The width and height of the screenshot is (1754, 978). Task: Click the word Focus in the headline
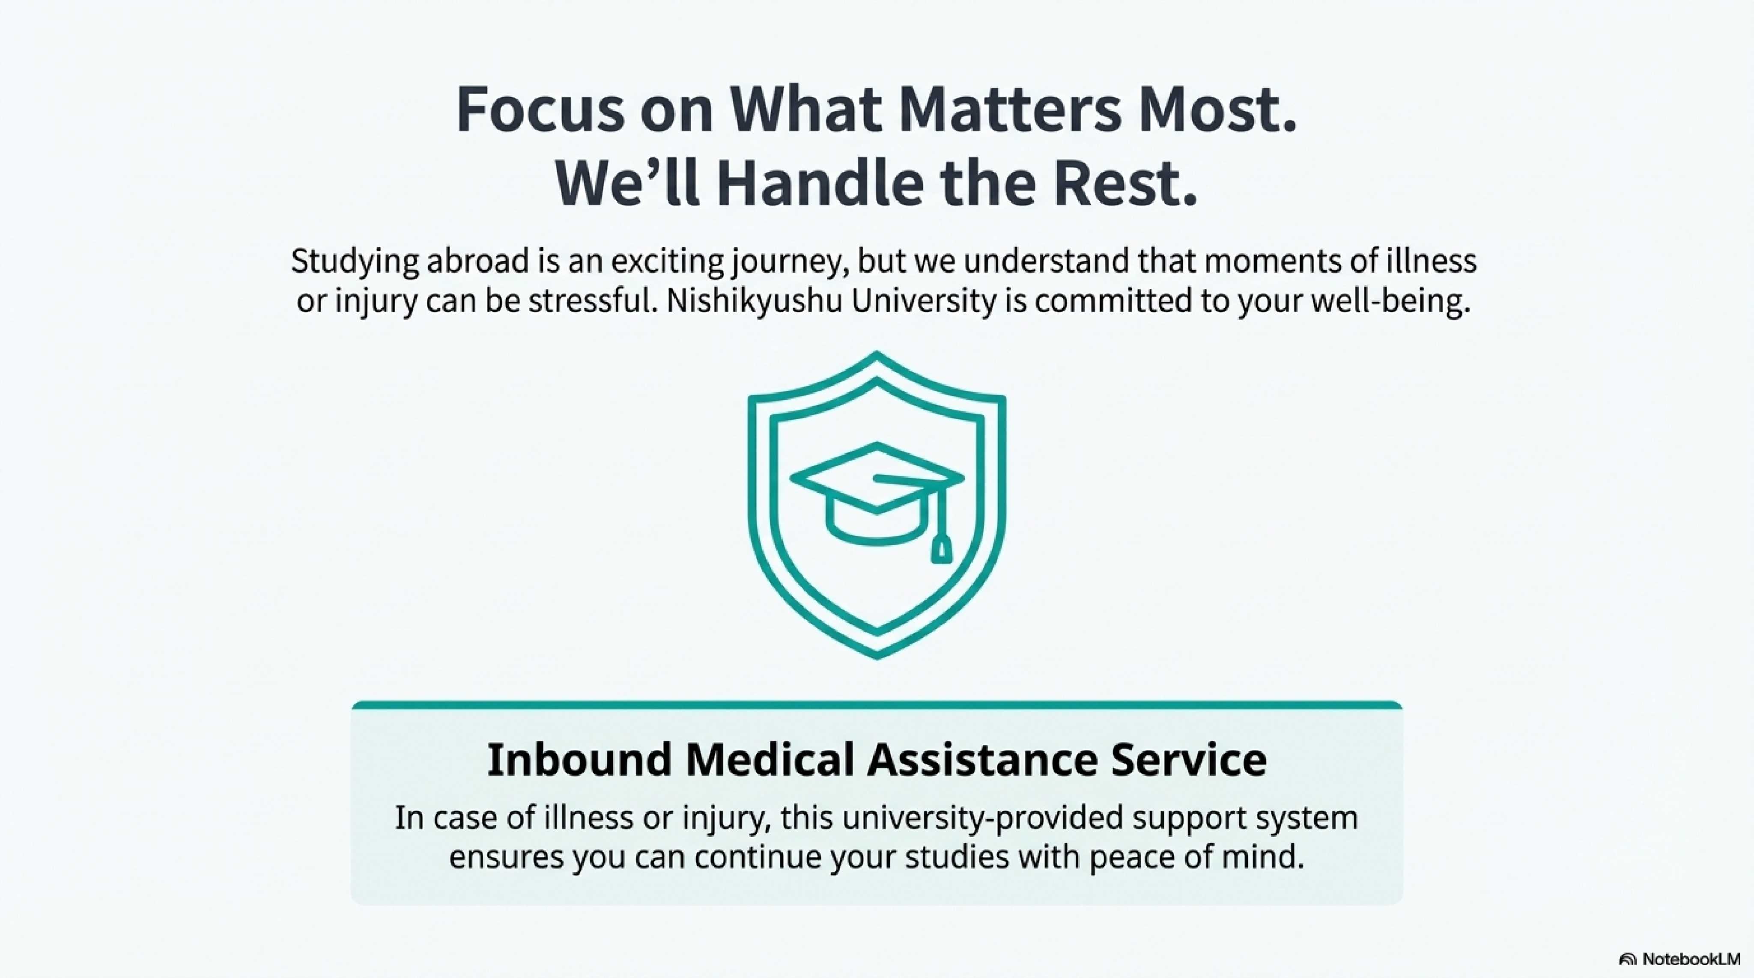click(x=539, y=109)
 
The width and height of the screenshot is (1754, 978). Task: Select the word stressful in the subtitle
click(x=592, y=301)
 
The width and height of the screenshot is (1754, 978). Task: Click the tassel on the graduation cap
click(x=940, y=549)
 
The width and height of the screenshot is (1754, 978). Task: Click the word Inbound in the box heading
click(x=579, y=760)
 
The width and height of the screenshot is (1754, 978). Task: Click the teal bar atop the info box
click(x=877, y=705)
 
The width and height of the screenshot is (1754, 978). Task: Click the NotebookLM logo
click(x=1679, y=959)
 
